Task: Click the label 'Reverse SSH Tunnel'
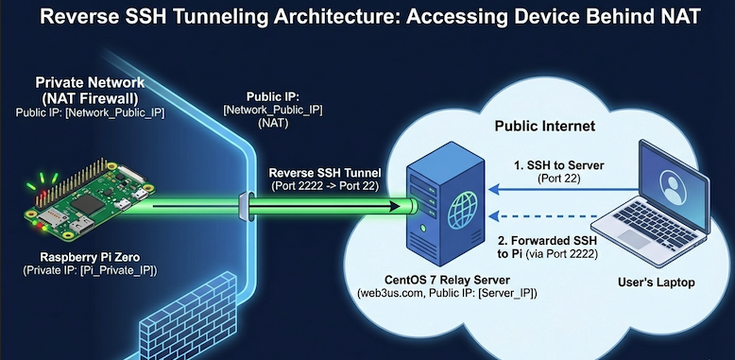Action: [324, 173]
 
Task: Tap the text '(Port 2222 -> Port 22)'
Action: [324, 187]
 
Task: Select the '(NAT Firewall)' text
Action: [87, 98]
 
